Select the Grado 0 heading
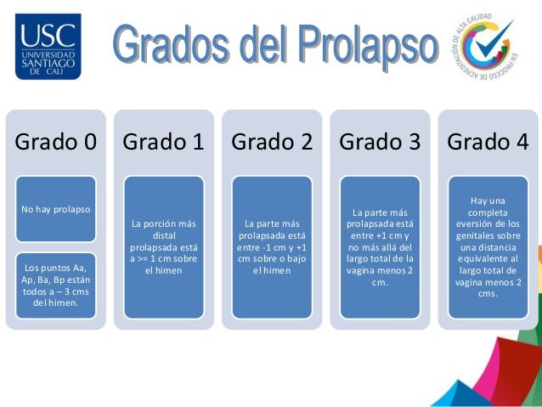click(x=55, y=142)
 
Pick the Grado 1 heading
click(x=163, y=142)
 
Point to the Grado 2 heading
click(x=272, y=142)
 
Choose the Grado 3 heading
click(x=380, y=142)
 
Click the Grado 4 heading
click(x=488, y=142)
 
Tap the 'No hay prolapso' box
click(x=56, y=208)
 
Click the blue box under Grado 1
click(x=164, y=246)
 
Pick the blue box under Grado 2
click(x=272, y=246)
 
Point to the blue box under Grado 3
click(x=380, y=246)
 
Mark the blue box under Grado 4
click(x=488, y=246)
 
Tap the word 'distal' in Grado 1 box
click(x=164, y=235)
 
